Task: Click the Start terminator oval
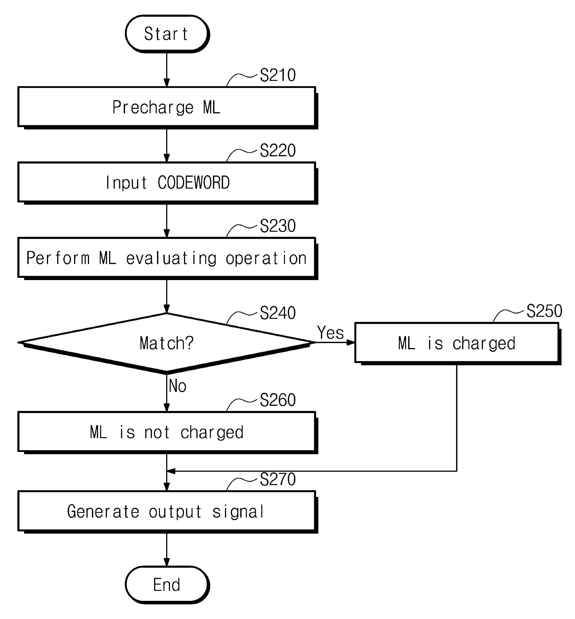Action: click(x=167, y=34)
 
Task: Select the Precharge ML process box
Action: click(x=167, y=107)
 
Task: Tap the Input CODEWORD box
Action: click(x=167, y=183)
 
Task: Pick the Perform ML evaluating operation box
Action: click(x=167, y=258)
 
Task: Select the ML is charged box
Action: click(x=457, y=343)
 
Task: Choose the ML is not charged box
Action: click(x=167, y=433)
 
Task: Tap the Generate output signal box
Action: click(x=167, y=512)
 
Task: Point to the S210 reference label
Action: click(x=278, y=75)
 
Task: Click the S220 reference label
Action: click(x=278, y=151)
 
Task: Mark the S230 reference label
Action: click(x=278, y=226)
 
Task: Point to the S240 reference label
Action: click(x=278, y=313)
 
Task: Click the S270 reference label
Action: click(x=278, y=479)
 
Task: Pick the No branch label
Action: click(x=178, y=386)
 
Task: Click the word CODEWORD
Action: click(x=193, y=183)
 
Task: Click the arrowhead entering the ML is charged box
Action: click(x=351, y=343)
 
